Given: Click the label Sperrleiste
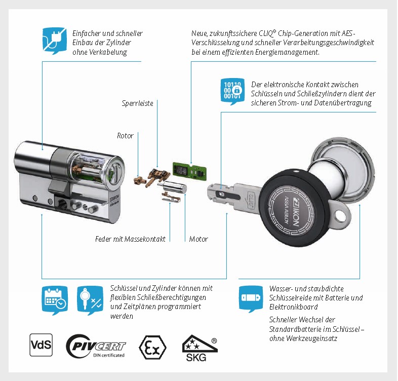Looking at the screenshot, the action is (x=137, y=103).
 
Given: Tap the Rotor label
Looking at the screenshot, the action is (x=125, y=136).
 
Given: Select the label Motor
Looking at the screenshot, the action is (x=198, y=239).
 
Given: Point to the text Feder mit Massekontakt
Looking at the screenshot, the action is (x=130, y=239).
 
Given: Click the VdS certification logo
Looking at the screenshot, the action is (x=41, y=345).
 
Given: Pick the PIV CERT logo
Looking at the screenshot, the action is (x=96, y=346).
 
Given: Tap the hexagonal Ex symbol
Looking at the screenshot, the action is (x=152, y=347).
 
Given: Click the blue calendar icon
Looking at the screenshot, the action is (x=55, y=300).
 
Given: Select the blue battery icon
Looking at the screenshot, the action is (x=251, y=299).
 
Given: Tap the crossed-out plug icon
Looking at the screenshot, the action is (x=55, y=41).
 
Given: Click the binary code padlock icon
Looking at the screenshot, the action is (x=232, y=91).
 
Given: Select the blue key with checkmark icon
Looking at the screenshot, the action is (x=90, y=300).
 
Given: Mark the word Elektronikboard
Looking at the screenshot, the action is (x=293, y=307).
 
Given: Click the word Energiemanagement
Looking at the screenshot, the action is (x=287, y=52).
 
